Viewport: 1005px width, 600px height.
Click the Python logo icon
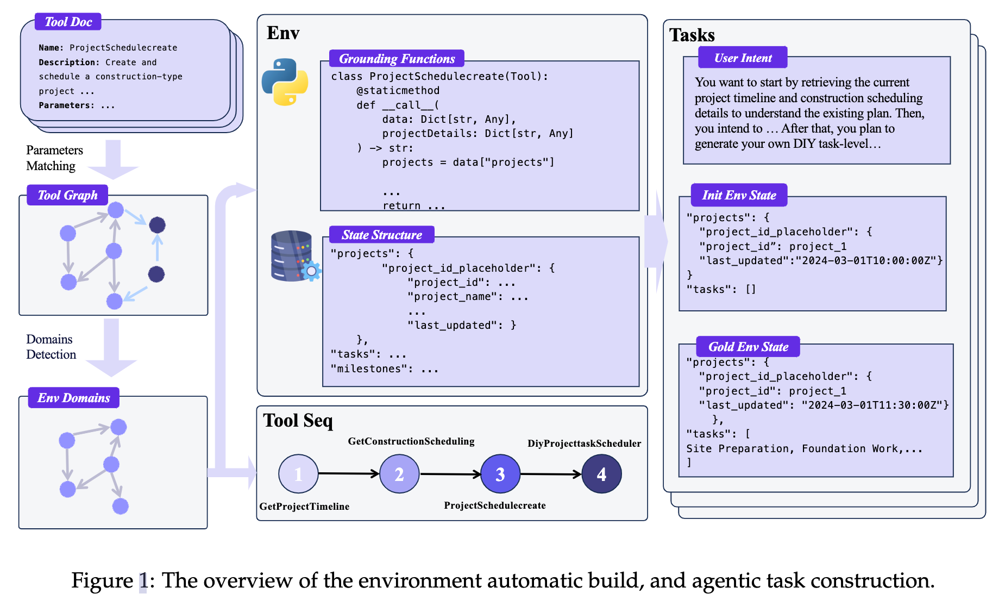[x=285, y=82]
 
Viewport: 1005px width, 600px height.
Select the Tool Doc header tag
[x=68, y=22]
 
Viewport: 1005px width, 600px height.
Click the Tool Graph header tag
[x=67, y=195]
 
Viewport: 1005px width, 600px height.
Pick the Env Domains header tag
[x=74, y=398]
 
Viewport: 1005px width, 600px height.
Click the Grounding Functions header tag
[x=397, y=59]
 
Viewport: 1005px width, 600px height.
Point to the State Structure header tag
[x=382, y=235]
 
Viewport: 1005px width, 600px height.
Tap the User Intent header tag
[x=743, y=58]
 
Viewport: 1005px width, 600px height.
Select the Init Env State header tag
[x=739, y=195]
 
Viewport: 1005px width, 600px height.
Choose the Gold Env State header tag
[x=748, y=347]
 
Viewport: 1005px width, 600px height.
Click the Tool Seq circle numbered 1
[x=298, y=474]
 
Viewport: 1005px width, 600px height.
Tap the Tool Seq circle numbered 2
[x=399, y=474]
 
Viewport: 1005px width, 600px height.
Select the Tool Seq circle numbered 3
[x=500, y=474]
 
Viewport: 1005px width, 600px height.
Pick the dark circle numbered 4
[x=601, y=474]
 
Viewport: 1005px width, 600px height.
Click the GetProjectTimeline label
[x=304, y=507]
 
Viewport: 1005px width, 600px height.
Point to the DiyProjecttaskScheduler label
[x=585, y=443]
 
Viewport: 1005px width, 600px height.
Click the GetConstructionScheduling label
[x=411, y=441]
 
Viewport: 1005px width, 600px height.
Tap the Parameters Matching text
[x=54, y=158]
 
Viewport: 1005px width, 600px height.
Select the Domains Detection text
[x=51, y=347]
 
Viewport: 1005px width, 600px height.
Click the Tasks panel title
[x=692, y=35]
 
